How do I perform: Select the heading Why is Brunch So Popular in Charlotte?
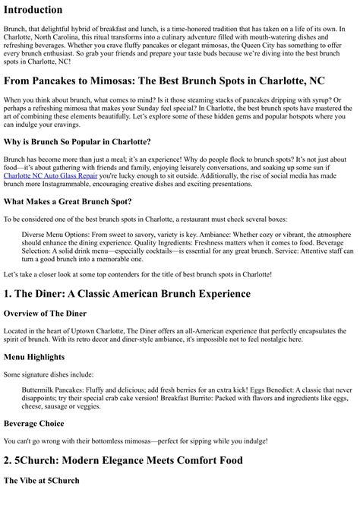click(x=77, y=142)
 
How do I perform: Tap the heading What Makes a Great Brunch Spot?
click(x=67, y=201)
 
